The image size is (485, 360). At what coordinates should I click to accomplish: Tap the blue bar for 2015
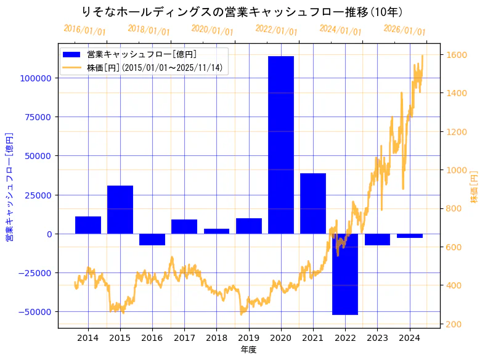click(120, 210)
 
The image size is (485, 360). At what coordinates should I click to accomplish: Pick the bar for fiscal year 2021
click(312, 203)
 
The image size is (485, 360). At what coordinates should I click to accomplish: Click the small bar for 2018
click(216, 231)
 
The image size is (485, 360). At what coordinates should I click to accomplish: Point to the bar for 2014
click(88, 225)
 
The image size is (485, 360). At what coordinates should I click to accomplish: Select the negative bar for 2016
click(152, 240)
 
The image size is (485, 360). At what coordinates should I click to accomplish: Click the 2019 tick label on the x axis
click(248, 338)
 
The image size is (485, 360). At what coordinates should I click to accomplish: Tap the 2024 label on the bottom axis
click(409, 338)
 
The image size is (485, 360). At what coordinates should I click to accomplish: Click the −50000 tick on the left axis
click(36, 312)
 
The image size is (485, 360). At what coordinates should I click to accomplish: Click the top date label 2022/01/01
click(276, 31)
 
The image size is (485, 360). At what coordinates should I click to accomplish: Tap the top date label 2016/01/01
click(84, 30)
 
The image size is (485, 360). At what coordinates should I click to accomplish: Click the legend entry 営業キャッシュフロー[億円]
click(141, 55)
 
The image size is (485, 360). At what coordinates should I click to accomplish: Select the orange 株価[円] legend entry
click(154, 67)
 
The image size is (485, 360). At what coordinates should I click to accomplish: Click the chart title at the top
click(242, 12)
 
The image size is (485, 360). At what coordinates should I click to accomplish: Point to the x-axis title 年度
click(248, 350)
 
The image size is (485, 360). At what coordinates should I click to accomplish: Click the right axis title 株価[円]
click(475, 187)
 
